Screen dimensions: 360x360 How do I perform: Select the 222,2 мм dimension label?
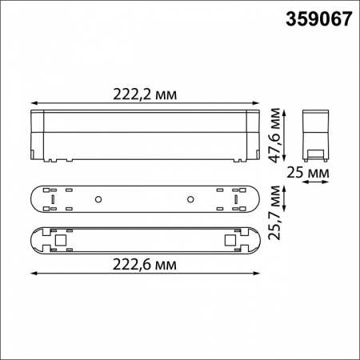click(x=145, y=94)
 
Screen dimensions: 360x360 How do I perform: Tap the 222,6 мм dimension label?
click(x=145, y=265)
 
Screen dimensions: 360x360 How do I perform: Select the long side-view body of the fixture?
click(x=145, y=135)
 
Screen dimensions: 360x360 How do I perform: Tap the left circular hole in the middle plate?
click(x=97, y=198)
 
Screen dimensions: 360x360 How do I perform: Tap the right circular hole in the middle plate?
click(x=191, y=198)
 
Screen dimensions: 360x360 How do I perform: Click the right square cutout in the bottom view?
click(x=230, y=238)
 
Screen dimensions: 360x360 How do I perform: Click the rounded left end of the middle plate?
click(x=35, y=198)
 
